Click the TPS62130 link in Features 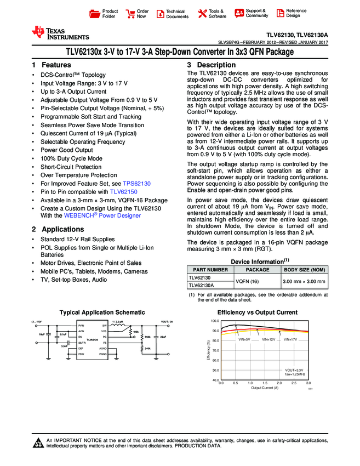pos(136,184)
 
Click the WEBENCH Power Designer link pos(102,215)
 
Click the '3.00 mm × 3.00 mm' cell pos(304,282)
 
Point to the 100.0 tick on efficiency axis pos(214,321)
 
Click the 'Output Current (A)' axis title pos(265,388)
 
